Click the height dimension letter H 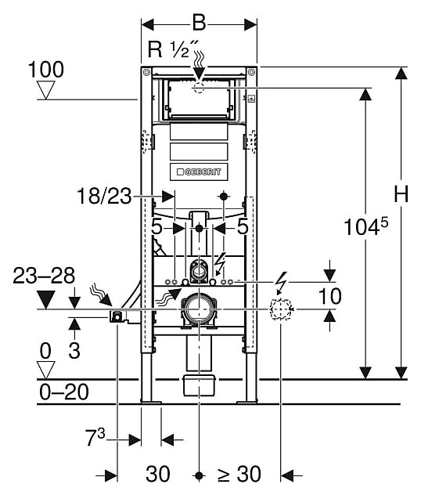(401, 193)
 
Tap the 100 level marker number (46, 70)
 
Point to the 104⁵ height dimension (365, 226)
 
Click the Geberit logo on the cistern (199, 172)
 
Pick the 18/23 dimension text (104, 196)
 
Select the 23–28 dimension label (44, 275)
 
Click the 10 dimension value (330, 296)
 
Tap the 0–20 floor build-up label (64, 392)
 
